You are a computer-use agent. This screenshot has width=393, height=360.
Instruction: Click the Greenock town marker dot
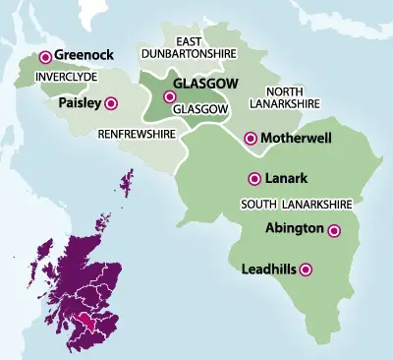coord(45,57)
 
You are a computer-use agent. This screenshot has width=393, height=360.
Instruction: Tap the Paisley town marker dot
coord(111,102)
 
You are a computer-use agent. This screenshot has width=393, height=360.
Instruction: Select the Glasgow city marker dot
coord(170,97)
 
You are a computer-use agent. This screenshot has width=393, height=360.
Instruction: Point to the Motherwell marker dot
coord(251,139)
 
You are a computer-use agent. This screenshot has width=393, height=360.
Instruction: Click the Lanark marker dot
coord(253,179)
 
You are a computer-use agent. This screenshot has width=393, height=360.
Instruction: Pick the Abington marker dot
coord(334,232)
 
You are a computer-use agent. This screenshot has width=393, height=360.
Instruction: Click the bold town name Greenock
coord(84,56)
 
